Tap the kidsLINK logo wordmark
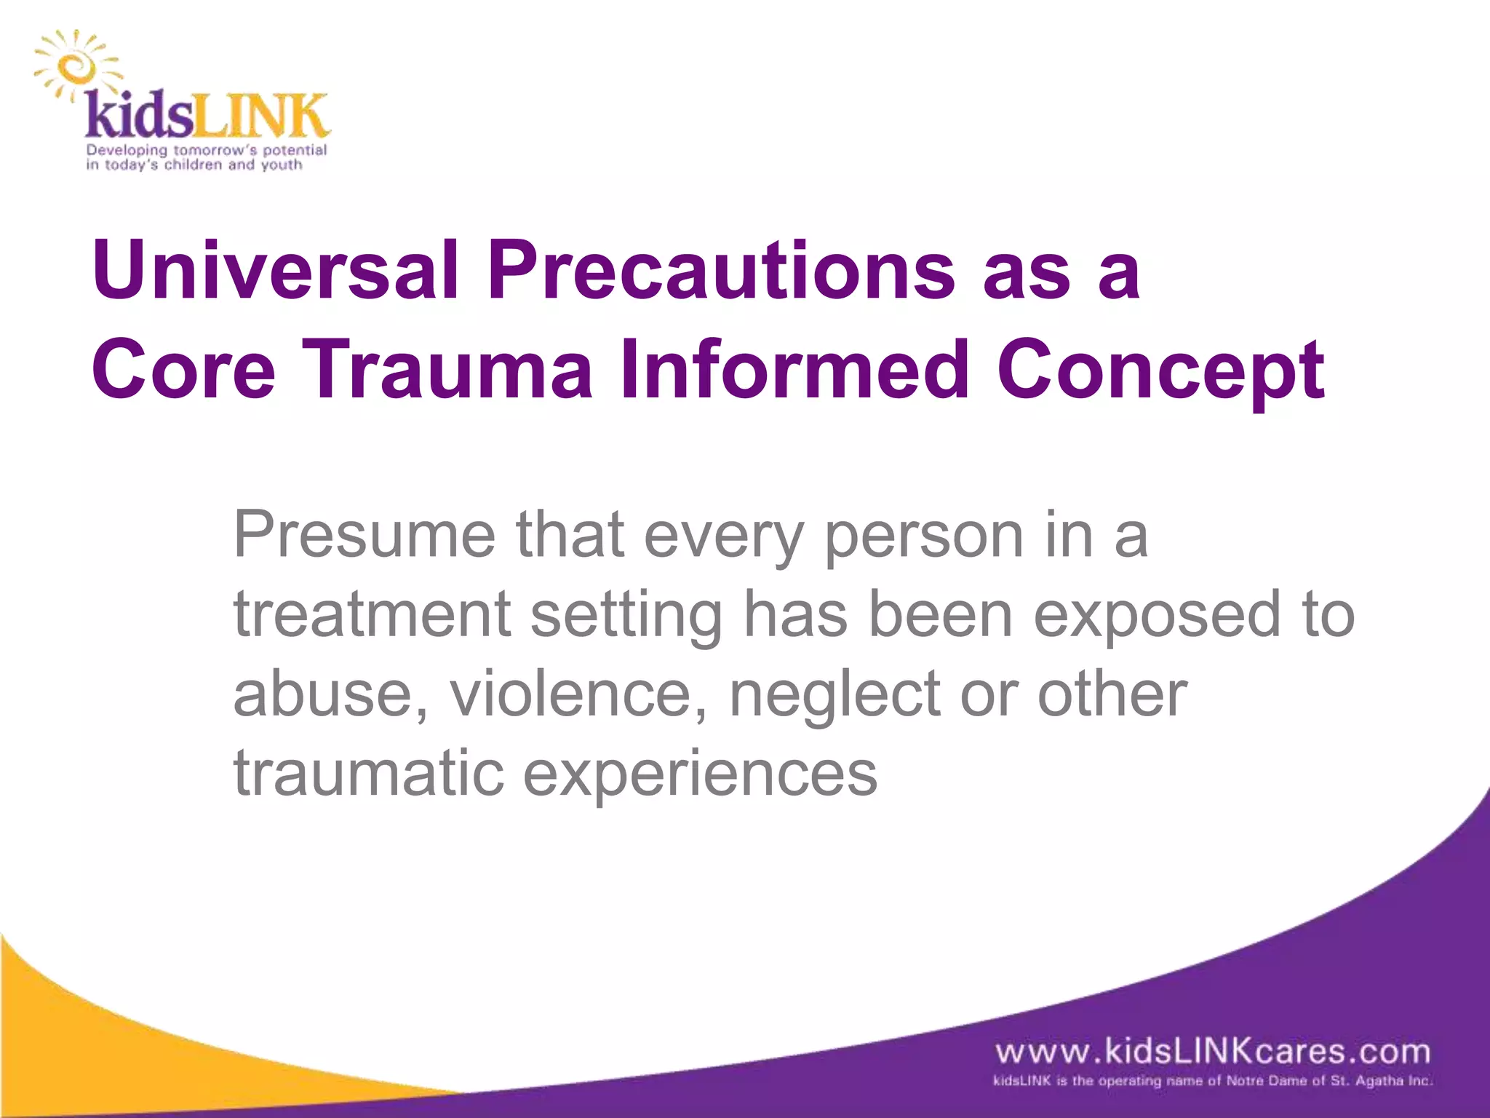coord(207,116)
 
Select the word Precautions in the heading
coord(720,271)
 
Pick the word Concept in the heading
coord(1160,371)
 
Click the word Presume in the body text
coord(364,535)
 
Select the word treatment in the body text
coord(372,614)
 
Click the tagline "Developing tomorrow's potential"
coord(207,150)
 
